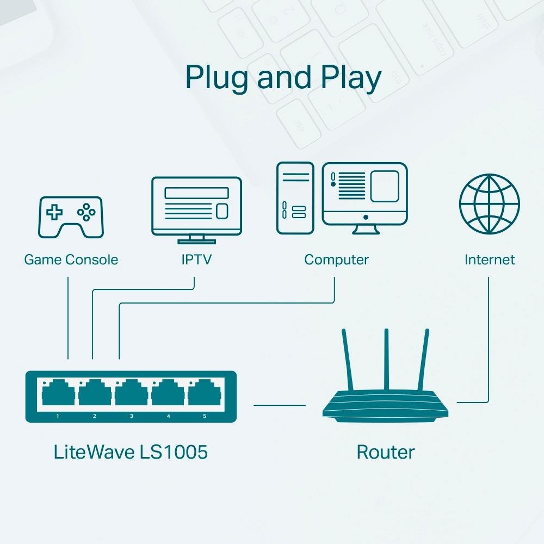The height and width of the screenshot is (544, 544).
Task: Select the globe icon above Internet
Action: (x=489, y=204)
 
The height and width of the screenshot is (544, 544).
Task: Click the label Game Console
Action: (x=71, y=259)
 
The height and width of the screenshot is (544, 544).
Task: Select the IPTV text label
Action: (x=196, y=259)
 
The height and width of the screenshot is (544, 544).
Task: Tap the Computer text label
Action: (x=336, y=259)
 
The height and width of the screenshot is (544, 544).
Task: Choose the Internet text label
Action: (x=489, y=259)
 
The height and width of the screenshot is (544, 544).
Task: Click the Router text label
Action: (x=385, y=452)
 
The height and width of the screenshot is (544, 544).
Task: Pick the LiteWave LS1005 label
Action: (x=131, y=452)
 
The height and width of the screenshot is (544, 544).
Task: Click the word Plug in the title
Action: (x=218, y=78)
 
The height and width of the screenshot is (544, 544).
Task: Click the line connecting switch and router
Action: (x=280, y=405)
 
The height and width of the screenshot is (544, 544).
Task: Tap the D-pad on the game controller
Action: (x=54, y=212)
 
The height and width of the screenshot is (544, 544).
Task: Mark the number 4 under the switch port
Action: (x=168, y=416)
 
